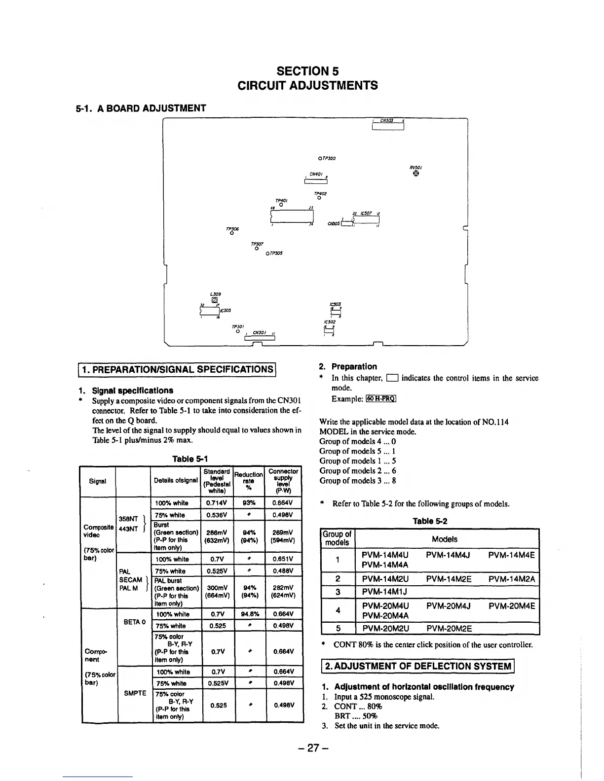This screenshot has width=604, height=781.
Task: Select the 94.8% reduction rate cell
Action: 250,614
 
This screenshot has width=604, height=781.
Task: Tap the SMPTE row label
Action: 135,693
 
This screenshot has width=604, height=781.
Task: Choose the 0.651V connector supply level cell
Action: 284,559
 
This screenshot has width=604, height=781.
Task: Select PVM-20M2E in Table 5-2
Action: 449,629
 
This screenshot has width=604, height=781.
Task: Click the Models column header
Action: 444,539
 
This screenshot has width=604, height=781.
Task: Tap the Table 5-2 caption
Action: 430,521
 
